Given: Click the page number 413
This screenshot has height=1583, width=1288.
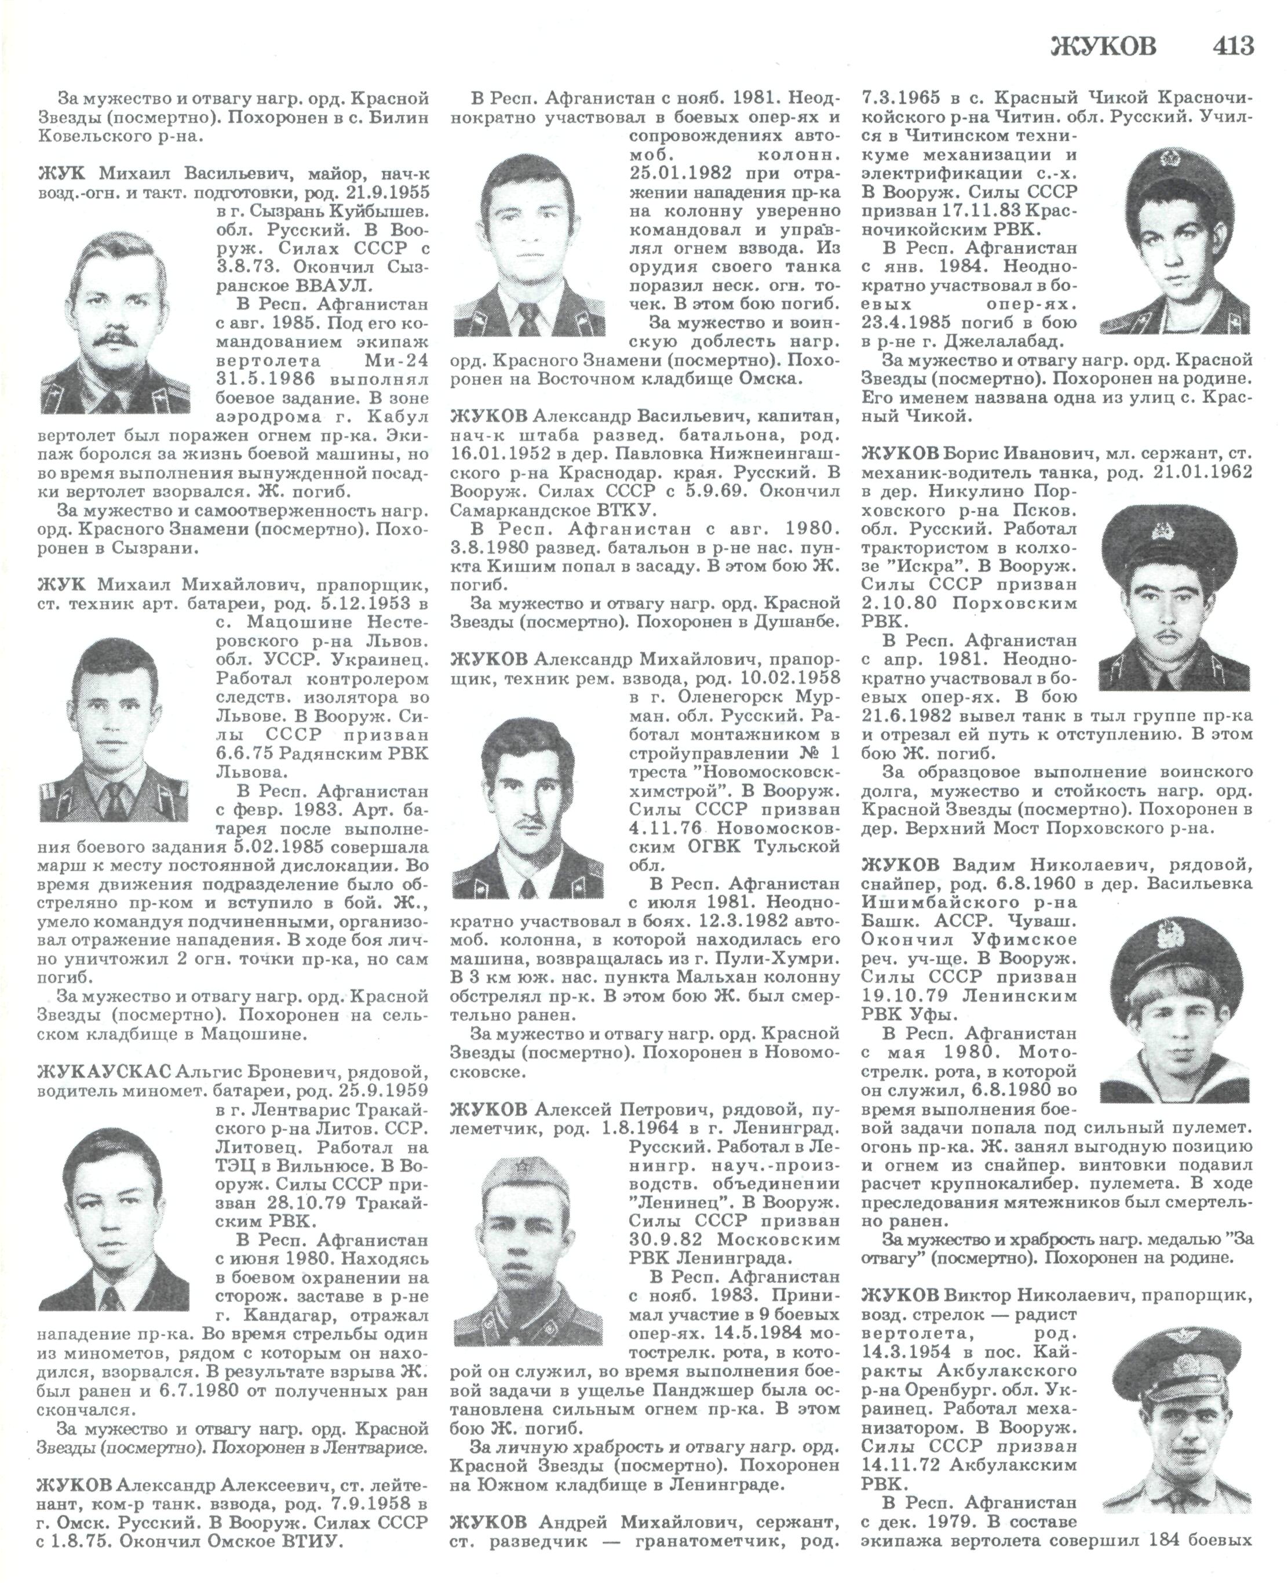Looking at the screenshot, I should point(1233,46).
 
